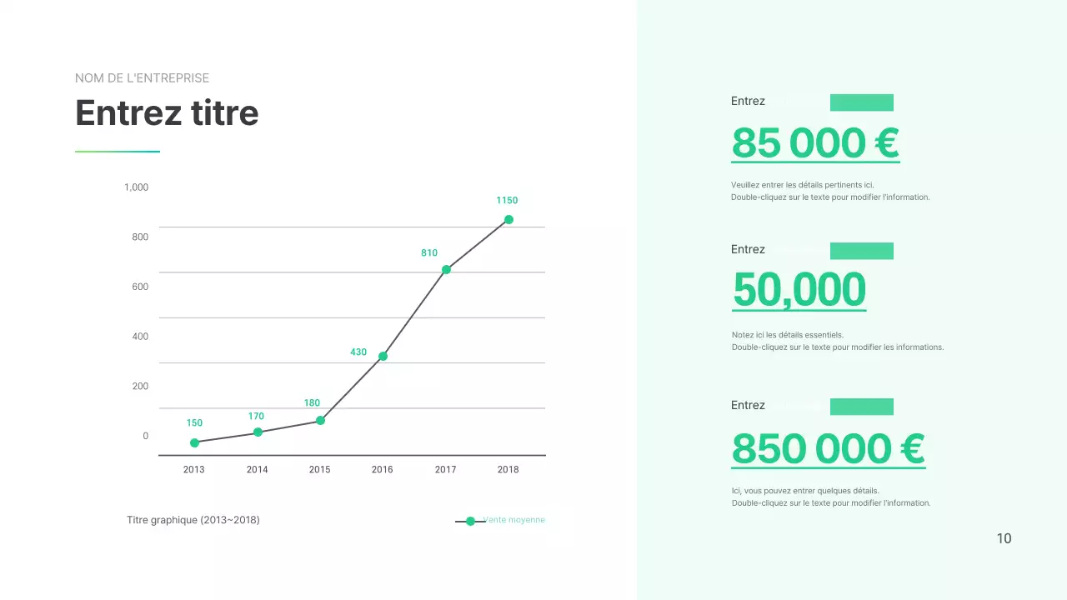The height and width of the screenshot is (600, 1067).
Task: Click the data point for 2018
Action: coord(508,220)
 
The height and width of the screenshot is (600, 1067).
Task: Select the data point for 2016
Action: coord(383,357)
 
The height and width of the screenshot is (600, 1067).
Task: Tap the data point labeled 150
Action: coord(194,443)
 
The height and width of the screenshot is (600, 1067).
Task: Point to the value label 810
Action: coord(429,253)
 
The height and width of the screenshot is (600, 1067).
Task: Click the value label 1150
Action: coord(507,201)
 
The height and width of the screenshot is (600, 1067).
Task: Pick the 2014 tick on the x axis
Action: coord(258,470)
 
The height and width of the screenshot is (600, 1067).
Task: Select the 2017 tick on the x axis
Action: coord(446,470)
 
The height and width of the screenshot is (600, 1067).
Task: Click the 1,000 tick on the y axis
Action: coord(136,187)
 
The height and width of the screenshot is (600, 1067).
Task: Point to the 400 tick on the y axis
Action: coord(139,337)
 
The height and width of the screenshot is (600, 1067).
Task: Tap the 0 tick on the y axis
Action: coord(145,436)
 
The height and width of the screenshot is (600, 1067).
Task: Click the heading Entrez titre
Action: coord(167,113)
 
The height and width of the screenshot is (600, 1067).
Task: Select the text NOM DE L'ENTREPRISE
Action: coord(142,78)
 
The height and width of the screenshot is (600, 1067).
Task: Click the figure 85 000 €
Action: coord(814,142)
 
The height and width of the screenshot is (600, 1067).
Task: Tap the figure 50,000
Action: coord(799,290)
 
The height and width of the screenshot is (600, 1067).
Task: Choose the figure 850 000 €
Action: coord(828,449)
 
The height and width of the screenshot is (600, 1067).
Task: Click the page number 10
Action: coord(1004,539)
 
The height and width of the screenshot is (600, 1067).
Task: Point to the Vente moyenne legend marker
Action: coord(470,521)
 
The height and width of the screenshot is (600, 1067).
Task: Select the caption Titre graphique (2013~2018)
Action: coord(193,520)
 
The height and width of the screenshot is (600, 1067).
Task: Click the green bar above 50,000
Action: coord(862,251)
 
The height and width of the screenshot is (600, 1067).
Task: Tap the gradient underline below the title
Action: coord(118,152)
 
